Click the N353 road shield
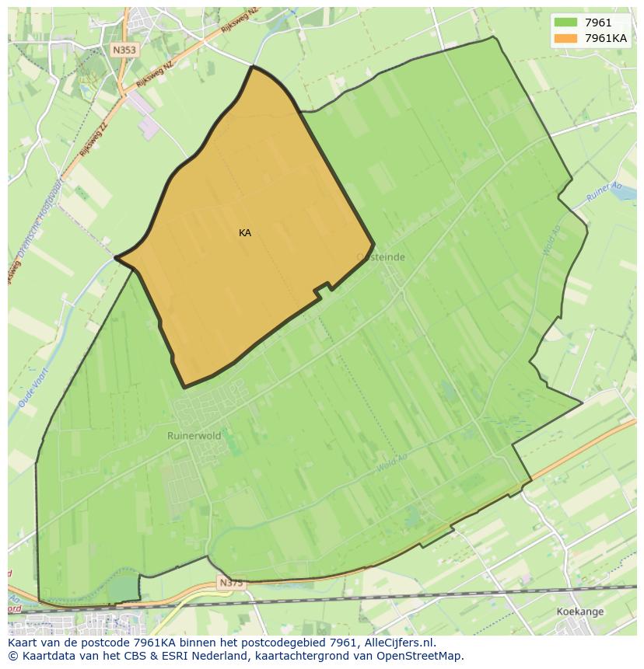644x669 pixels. tap(124, 50)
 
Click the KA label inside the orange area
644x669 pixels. tap(245, 233)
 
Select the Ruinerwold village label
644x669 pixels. tap(194, 436)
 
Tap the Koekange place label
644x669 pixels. tap(580, 612)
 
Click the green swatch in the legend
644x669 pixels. tap(566, 23)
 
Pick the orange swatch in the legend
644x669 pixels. tap(566, 38)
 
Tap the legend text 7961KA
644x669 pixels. tap(606, 38)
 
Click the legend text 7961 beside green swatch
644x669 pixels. tap(598, 23)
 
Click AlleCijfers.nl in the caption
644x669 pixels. tap(400, 643)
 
